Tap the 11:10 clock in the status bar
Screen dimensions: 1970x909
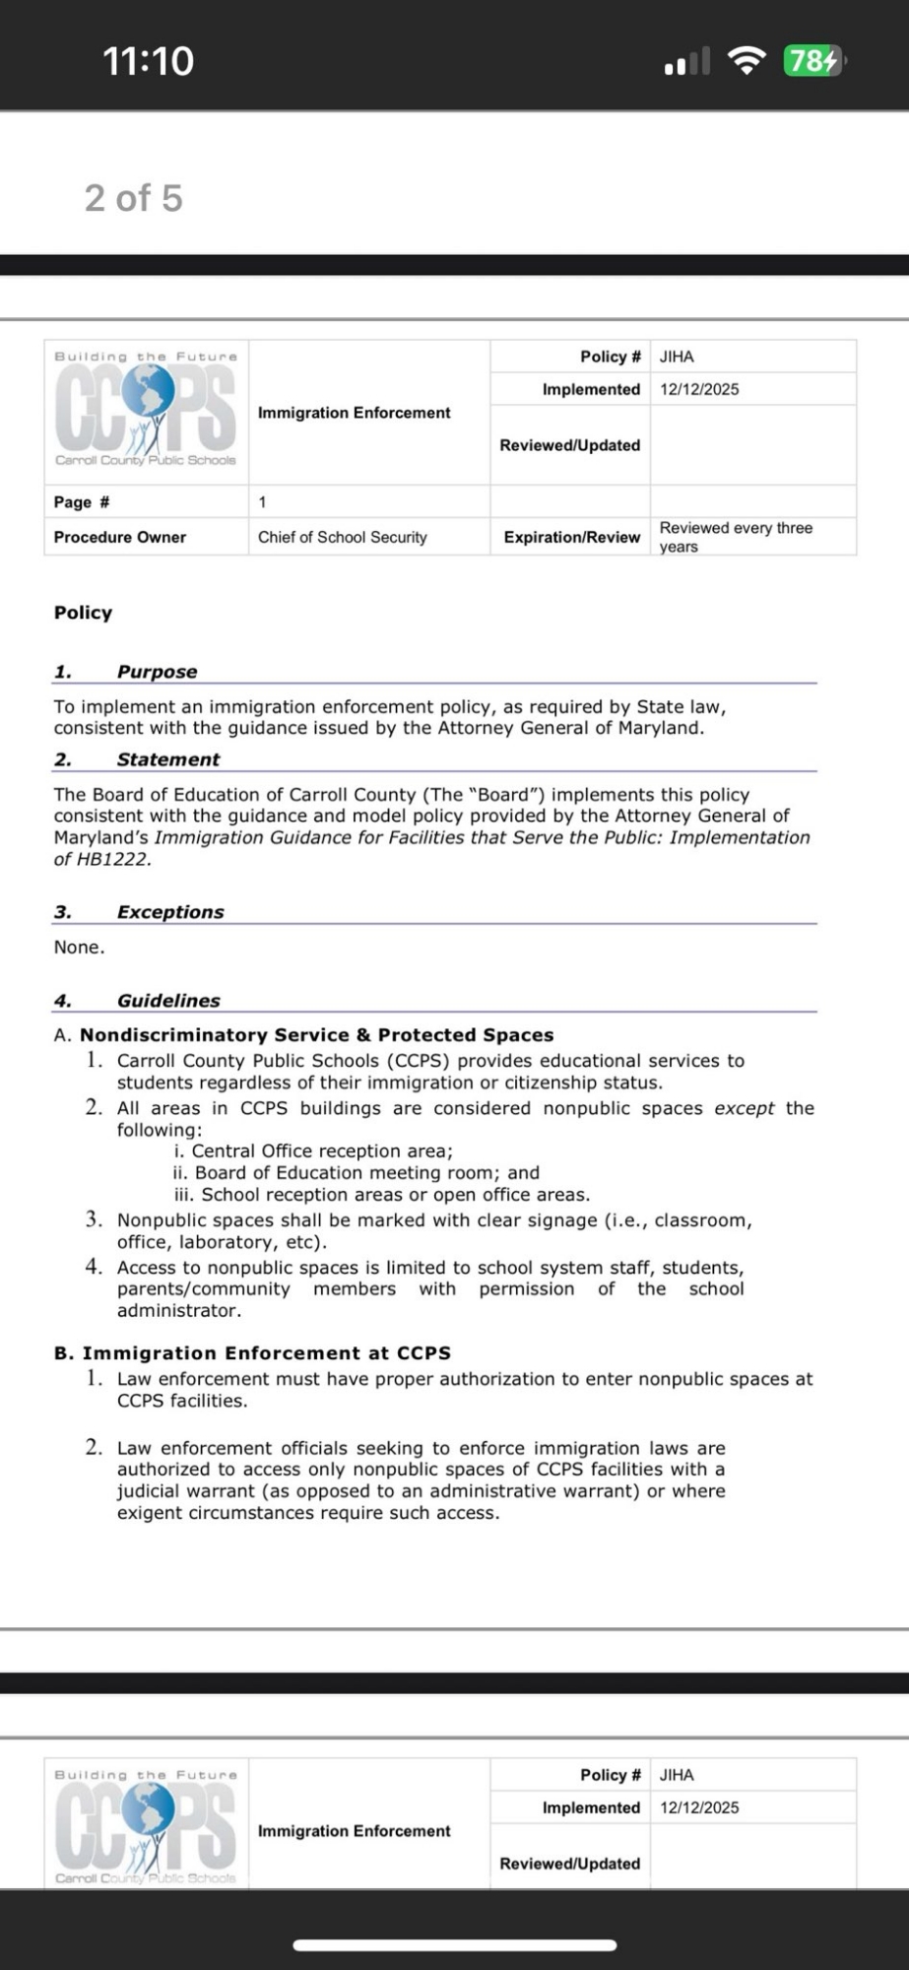click(x=149, y=61)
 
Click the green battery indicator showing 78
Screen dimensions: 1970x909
click(x=812, y=61)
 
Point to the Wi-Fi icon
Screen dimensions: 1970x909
click(x=747, y=61)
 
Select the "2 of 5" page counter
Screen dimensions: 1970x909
click(x=134, y=198)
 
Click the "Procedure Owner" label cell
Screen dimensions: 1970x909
click(x=120, y=537)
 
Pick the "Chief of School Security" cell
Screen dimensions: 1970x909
click(x=343, y=537)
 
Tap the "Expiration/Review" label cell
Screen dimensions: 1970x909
click(x=571, y=537)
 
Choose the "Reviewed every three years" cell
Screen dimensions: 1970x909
click(x=736, y=537)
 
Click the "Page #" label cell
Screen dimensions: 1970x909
click(x=82, y=502)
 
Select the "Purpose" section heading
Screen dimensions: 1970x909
click(x=157, y=672)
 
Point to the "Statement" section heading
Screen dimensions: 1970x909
click(x=168, y=759)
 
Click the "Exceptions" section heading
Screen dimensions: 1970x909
click(x=170, y=912)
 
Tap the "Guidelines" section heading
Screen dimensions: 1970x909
click(x=168, y=1001)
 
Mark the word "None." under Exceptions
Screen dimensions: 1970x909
click(x=79, y=948)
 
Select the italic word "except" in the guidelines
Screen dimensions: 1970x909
click(x=745, y=1108)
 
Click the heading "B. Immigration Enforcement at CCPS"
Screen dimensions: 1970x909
click(x=253, y=1353)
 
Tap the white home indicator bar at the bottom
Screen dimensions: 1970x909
click(x=454, y=1945)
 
